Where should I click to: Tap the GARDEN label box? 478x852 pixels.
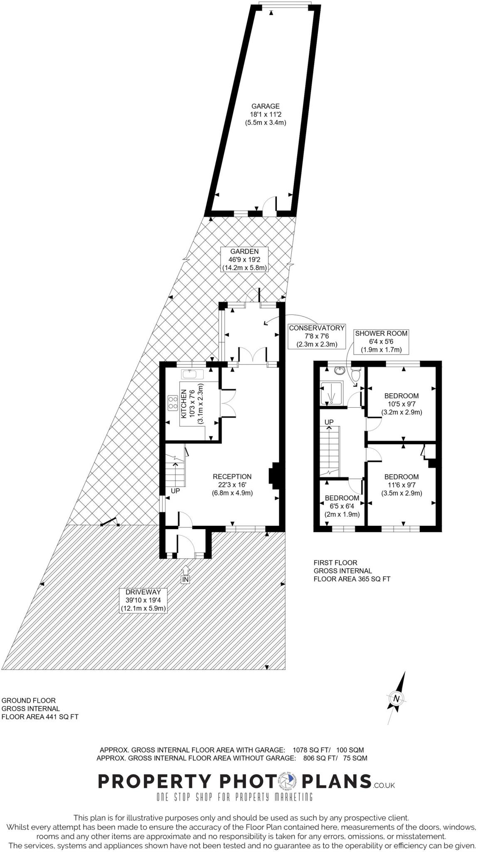pos(244,259)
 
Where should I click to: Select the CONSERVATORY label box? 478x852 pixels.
pos(317,336)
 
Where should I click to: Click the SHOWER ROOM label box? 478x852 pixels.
pos(381,341)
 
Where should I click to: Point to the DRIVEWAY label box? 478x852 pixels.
pos(143,599)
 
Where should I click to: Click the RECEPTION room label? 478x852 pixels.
pos(232,484)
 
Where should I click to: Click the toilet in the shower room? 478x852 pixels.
pos(355,376)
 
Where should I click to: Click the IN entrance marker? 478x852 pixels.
pos(185,579)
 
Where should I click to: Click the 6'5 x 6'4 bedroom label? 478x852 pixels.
pos(342,506)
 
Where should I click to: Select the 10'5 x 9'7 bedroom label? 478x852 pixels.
pos(402,404)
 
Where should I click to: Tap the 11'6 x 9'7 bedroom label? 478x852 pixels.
pos(402,485)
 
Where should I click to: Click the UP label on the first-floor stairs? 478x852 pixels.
pos(329,422)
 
